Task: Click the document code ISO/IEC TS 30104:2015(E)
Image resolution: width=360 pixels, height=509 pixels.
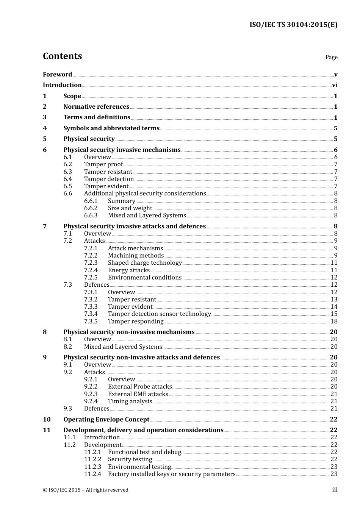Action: (293, 25)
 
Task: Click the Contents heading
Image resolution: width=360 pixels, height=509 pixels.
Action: (62, 56)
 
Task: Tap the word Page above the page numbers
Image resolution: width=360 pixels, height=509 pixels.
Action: (331, 57)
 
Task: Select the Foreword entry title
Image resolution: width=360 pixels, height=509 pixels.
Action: (57, 75)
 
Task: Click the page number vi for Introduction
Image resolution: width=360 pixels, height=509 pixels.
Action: (335, 85)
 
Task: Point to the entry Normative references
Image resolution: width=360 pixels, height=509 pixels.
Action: (96, 107)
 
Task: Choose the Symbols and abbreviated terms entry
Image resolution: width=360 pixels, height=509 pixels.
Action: (111, 128)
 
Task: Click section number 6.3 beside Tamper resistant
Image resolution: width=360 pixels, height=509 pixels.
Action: (67, 172)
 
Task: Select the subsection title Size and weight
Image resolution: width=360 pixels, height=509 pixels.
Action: (130, 208)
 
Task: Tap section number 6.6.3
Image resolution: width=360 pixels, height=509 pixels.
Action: (91, 215)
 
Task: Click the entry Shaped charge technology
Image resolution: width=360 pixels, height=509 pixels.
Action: (145, 263)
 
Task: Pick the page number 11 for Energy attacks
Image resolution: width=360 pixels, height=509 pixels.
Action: (334, 270)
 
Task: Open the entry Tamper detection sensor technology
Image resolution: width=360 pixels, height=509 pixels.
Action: (159, 314)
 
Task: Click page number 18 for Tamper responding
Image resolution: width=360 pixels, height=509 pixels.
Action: (334, 322)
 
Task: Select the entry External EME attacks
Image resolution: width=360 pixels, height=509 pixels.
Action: (138, 394)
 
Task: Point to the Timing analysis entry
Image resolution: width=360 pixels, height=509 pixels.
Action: (130, 401)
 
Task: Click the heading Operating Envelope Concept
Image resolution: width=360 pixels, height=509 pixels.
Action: (106, 420)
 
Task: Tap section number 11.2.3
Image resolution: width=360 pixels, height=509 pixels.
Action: (92, 467)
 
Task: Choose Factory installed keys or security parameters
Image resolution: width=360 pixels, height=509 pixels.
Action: (172, 474)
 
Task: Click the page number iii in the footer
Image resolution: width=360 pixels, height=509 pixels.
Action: (335, 490)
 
